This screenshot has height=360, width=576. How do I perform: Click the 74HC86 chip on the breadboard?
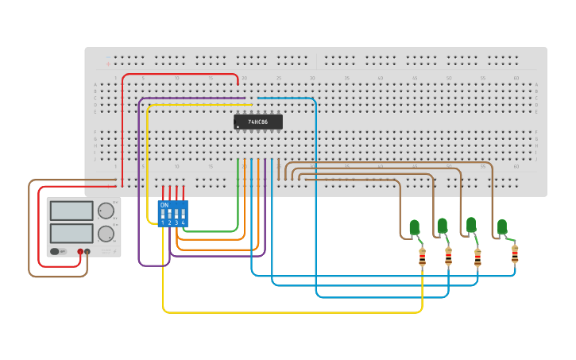tap(258, 122)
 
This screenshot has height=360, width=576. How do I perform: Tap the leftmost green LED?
tap(414, 228)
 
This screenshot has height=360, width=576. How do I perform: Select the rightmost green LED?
tap(502, 227)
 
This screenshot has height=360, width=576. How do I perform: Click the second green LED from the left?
tap(442, 226)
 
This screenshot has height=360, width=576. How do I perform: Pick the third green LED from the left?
tap(471, 225)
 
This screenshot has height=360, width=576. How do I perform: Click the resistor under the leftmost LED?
tap(422, 257)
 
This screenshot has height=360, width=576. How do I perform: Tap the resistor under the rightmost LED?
tap(515, 254)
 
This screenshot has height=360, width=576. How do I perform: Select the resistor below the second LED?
tap(448, 256)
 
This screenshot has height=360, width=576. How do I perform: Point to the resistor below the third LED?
tap(477, 257)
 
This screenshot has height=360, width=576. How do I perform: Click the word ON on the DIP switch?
tap(164, 205)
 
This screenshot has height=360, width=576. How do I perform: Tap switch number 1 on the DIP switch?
tap(163, 215)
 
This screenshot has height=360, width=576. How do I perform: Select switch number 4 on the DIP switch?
tap(184, 215)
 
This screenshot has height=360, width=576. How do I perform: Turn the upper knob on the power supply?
tap(105, 211)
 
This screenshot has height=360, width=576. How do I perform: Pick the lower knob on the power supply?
tap(105, 234)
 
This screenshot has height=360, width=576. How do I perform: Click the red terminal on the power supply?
tap(80, 252)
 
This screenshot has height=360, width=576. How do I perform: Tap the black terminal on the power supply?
tap(88, 252)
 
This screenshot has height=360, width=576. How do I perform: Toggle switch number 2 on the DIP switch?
tap(170, 215)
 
